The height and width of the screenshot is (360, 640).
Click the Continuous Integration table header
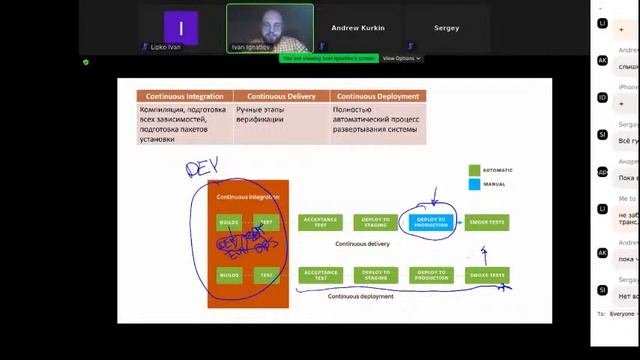[184, 96]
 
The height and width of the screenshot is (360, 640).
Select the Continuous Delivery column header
[276, 96]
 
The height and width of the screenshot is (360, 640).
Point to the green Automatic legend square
[475, 170]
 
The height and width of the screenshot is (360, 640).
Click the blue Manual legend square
[475, 184]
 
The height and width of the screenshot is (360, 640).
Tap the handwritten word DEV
[202, 166]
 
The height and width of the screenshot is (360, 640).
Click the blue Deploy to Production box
[431, 222]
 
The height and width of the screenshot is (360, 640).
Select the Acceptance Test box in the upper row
[321, 222]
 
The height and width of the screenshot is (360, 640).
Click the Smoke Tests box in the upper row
[488, 222]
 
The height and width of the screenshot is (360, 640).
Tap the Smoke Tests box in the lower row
[488, 274]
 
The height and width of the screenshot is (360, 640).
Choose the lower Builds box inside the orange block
[229, 274]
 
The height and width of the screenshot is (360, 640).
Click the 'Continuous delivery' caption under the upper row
[362, 243]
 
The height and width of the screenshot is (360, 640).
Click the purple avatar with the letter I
[181, 27]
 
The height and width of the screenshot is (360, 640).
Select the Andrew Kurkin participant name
[358, 28]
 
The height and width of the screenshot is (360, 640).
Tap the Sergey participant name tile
[446, 28]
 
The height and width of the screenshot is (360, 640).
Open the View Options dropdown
[405, 58]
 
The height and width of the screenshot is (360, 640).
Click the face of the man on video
[270, 21]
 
